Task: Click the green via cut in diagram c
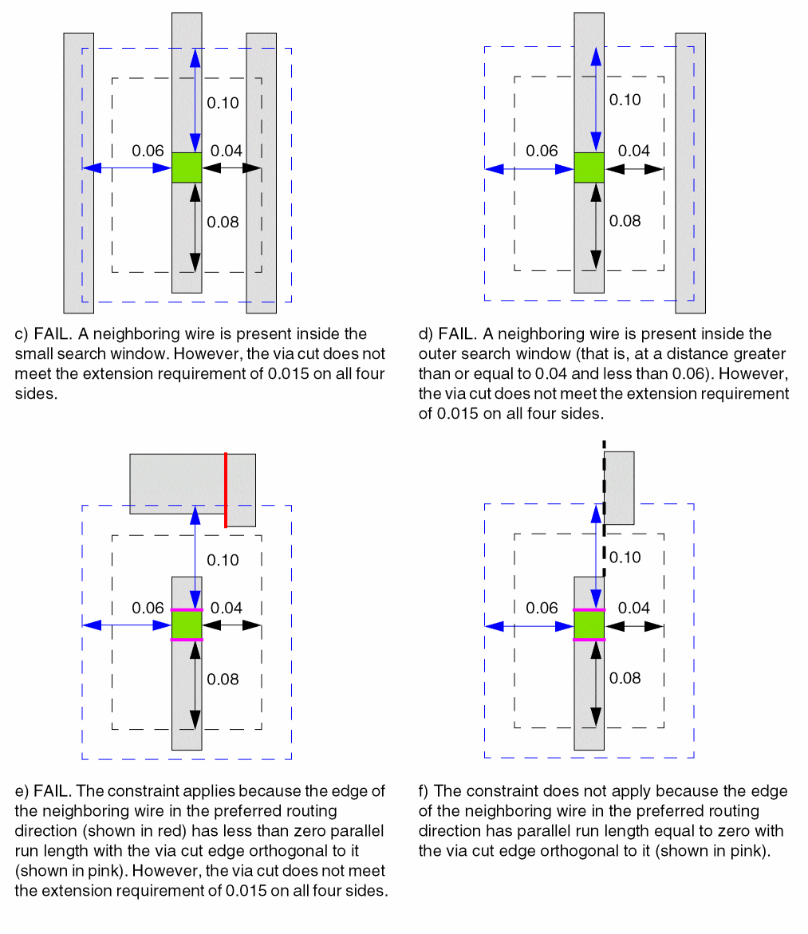pos(187,167)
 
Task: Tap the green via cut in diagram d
pos(589,167)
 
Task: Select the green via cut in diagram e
pos(187,625)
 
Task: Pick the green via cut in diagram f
pos(589,625)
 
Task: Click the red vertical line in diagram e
pos(226,490)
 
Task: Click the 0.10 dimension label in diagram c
pos(223,103)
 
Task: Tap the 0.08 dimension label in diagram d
pos(625,221)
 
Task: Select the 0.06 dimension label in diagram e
pos(148,608)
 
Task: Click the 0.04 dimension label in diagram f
pos(634,608)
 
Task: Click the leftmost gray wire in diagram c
pos(78,172)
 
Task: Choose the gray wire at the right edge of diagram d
pos(690,172)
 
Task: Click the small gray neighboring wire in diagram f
pos(619,487)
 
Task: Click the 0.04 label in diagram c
pos(226,151)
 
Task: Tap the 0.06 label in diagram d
pos(543,151)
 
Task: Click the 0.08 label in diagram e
pos(223,679)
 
